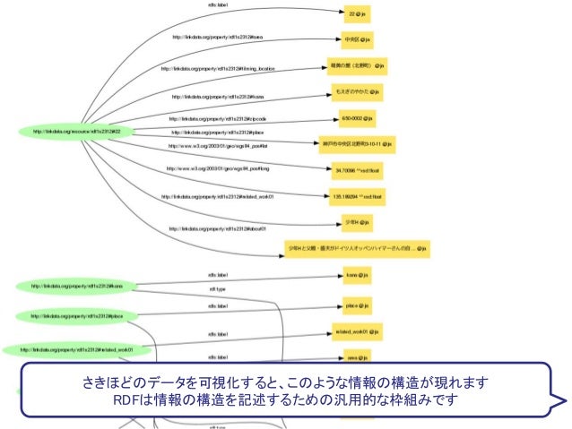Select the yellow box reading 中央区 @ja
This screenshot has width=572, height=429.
point(357,40)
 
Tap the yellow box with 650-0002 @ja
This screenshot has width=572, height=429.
point(357,117)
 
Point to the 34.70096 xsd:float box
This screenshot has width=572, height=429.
point(357,168)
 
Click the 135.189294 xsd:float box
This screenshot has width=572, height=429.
point(358,194)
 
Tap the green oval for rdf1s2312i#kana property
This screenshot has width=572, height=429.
point(77,287)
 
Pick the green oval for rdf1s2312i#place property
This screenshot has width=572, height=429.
point(78,315)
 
